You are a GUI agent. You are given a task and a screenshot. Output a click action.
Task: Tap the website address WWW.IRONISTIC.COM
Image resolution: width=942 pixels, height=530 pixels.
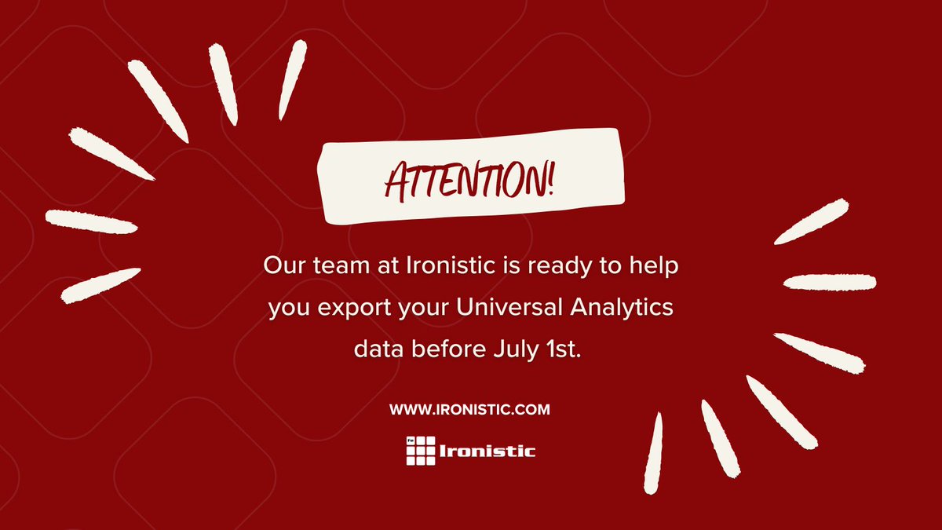tap(469, 409)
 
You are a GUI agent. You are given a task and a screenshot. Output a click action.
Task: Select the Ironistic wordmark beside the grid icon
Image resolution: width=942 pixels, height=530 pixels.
tap(487, 451)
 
